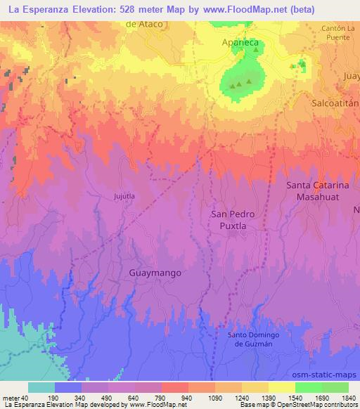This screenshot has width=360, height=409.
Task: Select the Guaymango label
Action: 156,272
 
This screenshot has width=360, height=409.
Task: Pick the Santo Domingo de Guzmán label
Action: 258,338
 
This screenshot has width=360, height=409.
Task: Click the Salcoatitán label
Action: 335,102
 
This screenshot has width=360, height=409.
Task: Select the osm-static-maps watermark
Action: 330,374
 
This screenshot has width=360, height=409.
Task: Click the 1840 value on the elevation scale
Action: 348,397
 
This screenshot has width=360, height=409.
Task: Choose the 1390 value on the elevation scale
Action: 269,397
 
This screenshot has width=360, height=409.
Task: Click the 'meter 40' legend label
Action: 14,397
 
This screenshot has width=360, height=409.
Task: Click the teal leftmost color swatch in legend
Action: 41,387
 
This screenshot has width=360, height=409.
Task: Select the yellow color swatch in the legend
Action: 282,387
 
